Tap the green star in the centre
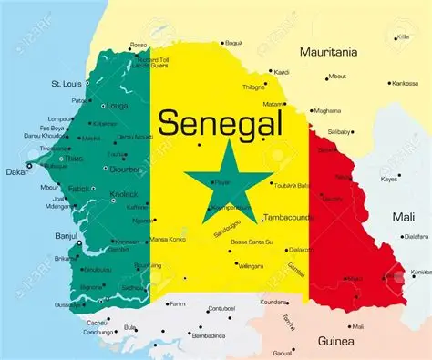227,176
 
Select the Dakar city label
15,170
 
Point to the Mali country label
403,218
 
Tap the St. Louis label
67,84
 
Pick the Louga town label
117,106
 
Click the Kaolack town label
123,195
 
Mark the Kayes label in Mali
389,179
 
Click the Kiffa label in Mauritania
402,37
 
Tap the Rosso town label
139,44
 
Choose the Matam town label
273,105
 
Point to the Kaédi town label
282,71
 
